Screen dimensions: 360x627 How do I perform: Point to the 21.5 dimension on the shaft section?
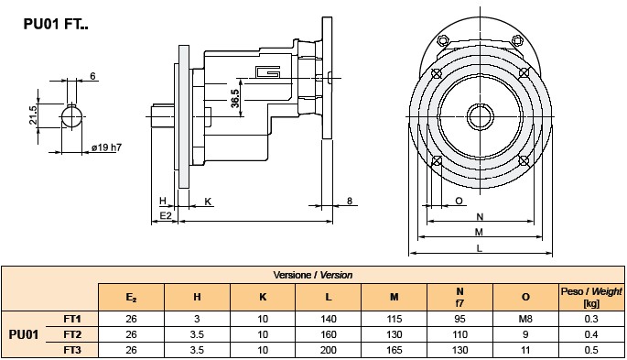[33, 115]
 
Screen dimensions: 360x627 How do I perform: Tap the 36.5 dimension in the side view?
[234, 99]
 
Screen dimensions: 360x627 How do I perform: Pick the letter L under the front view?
[480, 248]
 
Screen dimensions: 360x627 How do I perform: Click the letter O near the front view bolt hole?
[459, 200]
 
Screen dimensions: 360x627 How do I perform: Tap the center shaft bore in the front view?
[481, 116]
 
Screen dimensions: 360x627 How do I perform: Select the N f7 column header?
[459, 296]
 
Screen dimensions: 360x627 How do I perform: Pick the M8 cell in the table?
[525, 318]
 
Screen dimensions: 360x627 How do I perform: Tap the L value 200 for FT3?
[328, 350]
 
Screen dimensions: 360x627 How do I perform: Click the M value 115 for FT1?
[394, 318]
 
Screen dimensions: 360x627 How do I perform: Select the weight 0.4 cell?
[590, 333]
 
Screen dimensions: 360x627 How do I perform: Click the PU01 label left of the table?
[24, 334]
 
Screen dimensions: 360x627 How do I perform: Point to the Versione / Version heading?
[313, 274]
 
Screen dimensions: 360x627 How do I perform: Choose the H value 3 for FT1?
[197, 318]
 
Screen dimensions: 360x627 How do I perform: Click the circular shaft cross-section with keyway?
[73, 117]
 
